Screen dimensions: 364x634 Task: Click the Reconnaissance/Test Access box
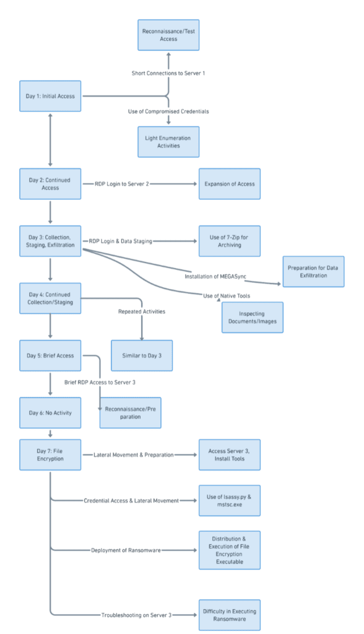(x=168, y=35)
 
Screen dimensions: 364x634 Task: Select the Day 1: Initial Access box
(x=50, y=96)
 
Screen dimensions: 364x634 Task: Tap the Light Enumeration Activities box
(x=168, y=142)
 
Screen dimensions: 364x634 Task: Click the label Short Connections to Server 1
(x=168, y=73)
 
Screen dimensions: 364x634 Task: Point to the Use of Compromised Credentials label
(x=168, y=111)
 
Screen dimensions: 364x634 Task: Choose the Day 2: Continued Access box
(x=50, y=184)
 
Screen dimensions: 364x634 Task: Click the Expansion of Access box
(x=229, y=184)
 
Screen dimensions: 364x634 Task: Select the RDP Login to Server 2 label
(x=122, y=184)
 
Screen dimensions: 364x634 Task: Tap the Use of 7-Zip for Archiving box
(x=229, y=241)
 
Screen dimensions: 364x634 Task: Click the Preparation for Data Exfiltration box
(x=313, y=272)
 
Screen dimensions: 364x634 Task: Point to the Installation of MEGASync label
(x=215, y=277)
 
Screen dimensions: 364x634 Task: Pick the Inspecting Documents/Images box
(x=253, y=318)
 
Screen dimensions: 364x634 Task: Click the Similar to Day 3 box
(x=142, y=355)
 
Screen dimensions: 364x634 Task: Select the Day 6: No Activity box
(x=50, y=413)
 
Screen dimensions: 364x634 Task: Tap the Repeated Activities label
(x=142, y=312)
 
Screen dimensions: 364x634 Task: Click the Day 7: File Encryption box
(x=50, y=455)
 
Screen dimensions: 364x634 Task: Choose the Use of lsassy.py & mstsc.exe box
(x=229, y=500)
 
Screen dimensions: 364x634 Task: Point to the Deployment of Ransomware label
(x=126, y=550)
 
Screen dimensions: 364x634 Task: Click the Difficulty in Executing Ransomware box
(x=229, y=615)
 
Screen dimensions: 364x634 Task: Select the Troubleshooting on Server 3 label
(x=136, y=615)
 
